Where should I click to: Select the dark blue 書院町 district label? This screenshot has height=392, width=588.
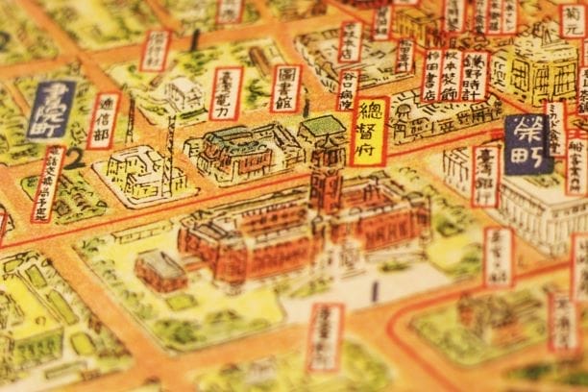coord(51,110)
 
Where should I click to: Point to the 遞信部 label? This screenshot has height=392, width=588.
coord(104,120)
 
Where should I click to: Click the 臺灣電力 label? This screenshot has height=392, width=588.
coord(227,93)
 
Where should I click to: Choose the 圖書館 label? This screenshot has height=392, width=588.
coord(284,88)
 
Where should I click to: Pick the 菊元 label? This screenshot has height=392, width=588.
coord(574,19)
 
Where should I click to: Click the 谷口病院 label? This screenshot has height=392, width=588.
coord(348,89)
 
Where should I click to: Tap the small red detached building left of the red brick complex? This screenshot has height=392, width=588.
coord(160,270)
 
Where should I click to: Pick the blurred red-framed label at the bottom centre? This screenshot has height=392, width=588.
coord(325,337)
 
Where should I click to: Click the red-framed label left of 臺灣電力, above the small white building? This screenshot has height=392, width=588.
coord(155,50)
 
